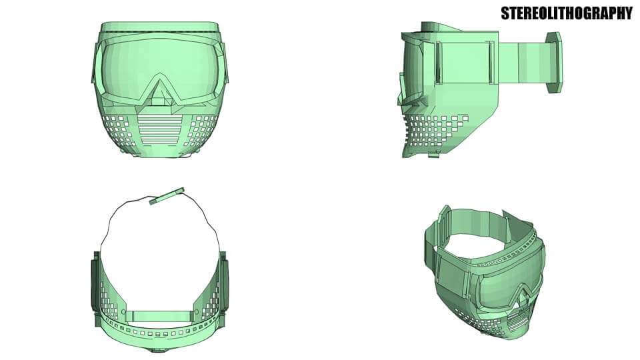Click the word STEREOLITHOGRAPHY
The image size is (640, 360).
click(566, 13)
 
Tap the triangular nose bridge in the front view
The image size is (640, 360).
click(159, 90)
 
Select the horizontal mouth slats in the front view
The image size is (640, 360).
click(159, 127)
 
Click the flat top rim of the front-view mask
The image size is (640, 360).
click(159, 27)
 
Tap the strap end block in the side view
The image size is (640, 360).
click(554, 63)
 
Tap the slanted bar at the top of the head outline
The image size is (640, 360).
click(166, 195)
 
